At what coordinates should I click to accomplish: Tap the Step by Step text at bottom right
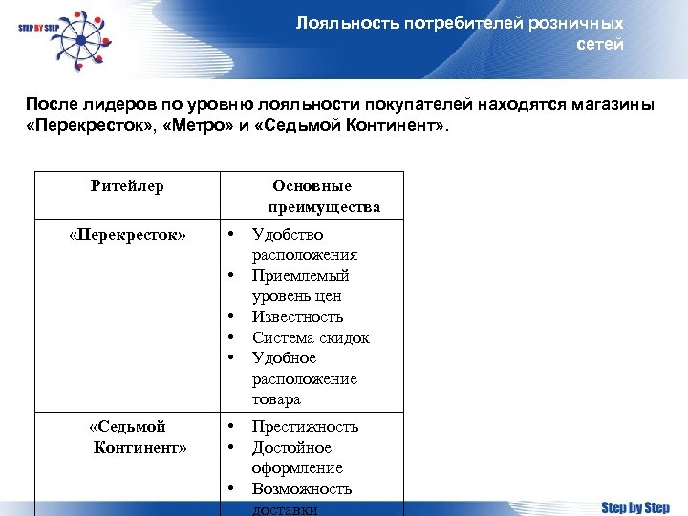(x=634, y=506)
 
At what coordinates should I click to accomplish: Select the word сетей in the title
(x=600, y=45)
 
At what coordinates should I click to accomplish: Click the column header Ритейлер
(x=127, y=186)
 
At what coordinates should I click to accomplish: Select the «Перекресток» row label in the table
(x=127, y=234)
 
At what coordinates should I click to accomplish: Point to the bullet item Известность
(x=297, y=316)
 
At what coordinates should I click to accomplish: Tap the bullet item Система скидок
(x=311, y=337)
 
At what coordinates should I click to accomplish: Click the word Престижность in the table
(x=305, y=426)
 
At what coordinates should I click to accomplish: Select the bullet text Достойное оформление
(x=297, y=458)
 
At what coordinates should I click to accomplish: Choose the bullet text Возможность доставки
(x=302, y=499)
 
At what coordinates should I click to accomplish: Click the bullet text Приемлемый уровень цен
(x=300, y=286)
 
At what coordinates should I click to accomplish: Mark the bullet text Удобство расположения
(x=304, y=245)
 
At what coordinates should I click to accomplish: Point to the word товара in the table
(x=276, y=399)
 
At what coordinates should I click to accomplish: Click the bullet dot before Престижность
(x=231, y=426)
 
